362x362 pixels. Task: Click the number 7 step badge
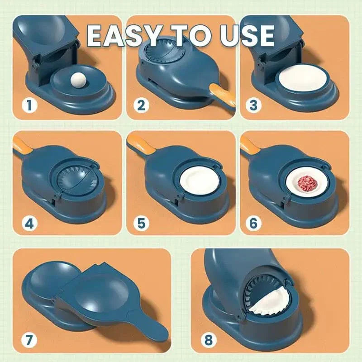(29, 338)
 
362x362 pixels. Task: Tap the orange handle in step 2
(223, 94)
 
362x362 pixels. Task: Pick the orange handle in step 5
(136, 144)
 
